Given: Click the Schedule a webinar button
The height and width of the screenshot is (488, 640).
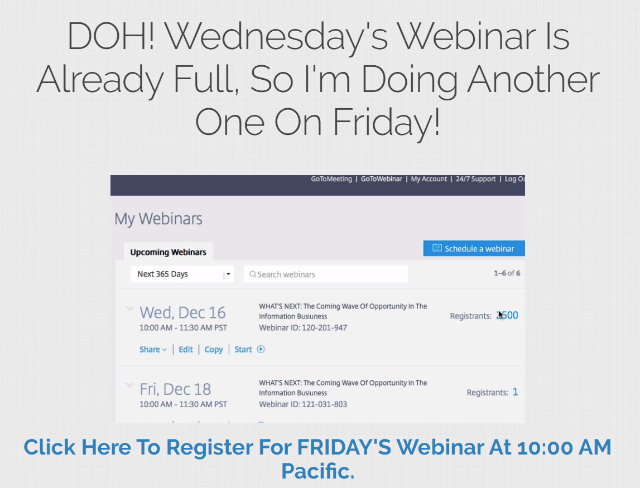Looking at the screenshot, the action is tap(474, 249).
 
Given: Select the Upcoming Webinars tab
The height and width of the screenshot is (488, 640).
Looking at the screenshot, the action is tap(168, 252).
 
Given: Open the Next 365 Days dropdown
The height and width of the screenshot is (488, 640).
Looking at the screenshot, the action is tap(182, 274).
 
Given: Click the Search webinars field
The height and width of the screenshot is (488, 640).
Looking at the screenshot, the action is tap(326, 274).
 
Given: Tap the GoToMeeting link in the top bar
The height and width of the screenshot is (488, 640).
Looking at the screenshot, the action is tap(331, 179).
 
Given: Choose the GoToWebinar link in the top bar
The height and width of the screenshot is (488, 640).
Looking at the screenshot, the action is tap(381, 179).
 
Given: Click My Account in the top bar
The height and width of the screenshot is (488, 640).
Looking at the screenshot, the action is tap(429, 179).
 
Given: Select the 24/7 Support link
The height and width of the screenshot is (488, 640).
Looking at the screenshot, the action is tap(475, 179).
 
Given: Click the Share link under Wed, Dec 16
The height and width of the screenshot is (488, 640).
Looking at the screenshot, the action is tap(153, 349).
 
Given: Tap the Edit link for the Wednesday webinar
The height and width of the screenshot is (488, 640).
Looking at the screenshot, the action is tap(186, 349).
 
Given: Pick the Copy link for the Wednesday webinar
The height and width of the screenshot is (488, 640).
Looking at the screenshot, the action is tap(214, 350).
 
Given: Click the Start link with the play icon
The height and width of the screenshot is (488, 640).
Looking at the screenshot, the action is tap(249, 349).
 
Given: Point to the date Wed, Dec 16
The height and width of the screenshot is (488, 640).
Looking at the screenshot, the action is tap(182, 312).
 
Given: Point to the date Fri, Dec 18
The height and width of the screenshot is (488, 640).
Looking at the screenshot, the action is tap(175, 389).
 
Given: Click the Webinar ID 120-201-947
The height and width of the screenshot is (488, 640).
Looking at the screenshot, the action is tap(303, 327).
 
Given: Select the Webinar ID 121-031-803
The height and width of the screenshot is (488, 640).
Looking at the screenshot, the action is tap(303, 404).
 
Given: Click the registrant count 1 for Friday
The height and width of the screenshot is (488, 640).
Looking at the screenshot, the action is tap(515, 392).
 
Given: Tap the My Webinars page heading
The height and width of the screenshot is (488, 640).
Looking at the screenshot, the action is tap(158, 219).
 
